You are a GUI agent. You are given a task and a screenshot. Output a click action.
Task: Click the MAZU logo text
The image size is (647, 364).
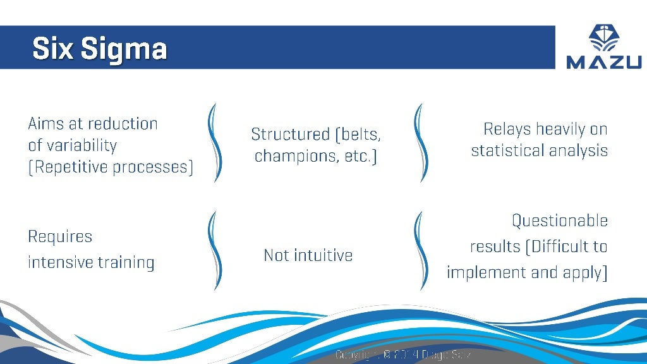603,61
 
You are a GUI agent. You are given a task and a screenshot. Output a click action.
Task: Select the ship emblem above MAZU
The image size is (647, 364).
604,37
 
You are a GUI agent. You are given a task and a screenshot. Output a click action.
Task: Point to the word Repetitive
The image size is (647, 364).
69,167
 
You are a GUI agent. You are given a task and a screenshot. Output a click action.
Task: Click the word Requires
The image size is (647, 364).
60,236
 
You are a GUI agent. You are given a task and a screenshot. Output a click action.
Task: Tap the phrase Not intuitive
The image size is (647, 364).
308,255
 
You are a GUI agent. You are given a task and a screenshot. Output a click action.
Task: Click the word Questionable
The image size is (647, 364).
559,221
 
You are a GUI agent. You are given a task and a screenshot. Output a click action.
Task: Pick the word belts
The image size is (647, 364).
362,134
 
